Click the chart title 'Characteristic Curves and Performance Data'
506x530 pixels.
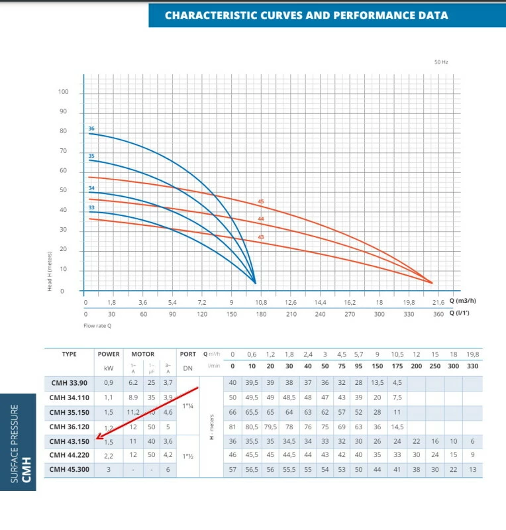coord(306,15)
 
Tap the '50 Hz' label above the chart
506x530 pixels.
coord(441,62)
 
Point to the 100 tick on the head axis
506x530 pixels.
coord(63,92)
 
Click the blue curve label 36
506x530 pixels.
coord(91,128)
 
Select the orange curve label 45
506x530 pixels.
coord(261,201)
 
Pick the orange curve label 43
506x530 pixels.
coord(261,237)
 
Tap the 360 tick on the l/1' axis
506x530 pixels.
coord(438,313)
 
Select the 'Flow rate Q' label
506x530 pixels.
coord(97,325)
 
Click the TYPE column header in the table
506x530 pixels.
coord(69,354)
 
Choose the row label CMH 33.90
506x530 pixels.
coord(69,382)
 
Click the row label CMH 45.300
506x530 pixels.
coord(69,469)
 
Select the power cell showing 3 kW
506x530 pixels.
coord(109,469)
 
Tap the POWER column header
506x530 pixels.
coord(109,354)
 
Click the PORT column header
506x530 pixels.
coord(188,354)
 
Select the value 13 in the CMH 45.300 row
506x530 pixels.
coord(472,469)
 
